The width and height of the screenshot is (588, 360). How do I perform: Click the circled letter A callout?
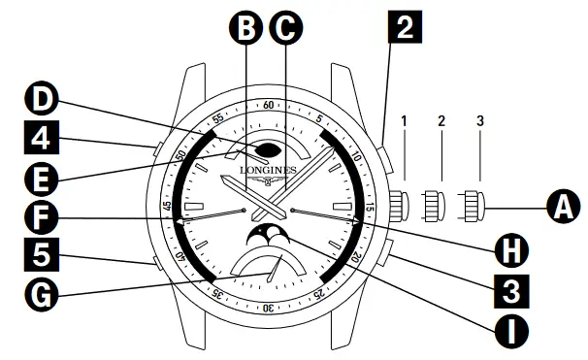[x=561, y=207]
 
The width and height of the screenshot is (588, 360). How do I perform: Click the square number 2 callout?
[x=406, y=29]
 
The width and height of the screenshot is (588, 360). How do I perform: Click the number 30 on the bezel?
[x=269, y=308]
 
